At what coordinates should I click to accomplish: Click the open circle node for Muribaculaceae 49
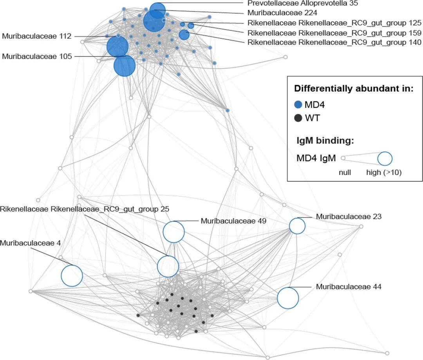[x=174, y=232]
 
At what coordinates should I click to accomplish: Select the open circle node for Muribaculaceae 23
[x=297, y=226]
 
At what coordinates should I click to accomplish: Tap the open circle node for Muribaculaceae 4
[x=72, y=276]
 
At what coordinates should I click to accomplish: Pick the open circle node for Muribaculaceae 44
[x=288, y=298]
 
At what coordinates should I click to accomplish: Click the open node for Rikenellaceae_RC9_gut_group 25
[x=168, y=266]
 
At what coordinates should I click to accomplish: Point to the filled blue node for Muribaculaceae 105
[x=125, y=66]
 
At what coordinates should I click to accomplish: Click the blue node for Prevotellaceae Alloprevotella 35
[x=157, y=11]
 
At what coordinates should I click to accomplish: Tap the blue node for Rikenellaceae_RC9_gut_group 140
[x=184, y=35]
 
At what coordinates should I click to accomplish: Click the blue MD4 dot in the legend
[x=298, y=104]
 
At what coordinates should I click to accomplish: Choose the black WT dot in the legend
[x=298, y=117]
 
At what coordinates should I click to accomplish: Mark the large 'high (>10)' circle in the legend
[x=385, y=158]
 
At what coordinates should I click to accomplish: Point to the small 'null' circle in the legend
[x=343, y=158]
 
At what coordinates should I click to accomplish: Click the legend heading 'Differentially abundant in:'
[x=354, y=88]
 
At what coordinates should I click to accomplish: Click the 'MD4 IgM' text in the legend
[x=316, y=158]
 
